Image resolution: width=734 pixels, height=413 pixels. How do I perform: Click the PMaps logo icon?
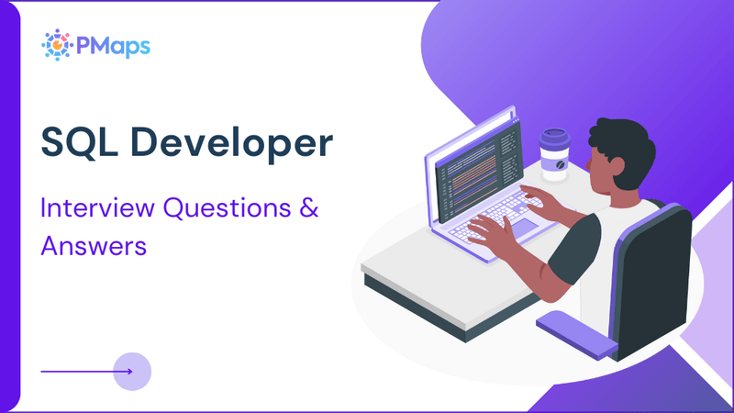(58, 44)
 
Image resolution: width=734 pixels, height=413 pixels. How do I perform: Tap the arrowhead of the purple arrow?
(128, 372)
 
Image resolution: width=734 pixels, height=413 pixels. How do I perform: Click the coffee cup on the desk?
(554, 154)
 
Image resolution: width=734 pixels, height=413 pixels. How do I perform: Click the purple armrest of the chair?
(574, 330)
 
